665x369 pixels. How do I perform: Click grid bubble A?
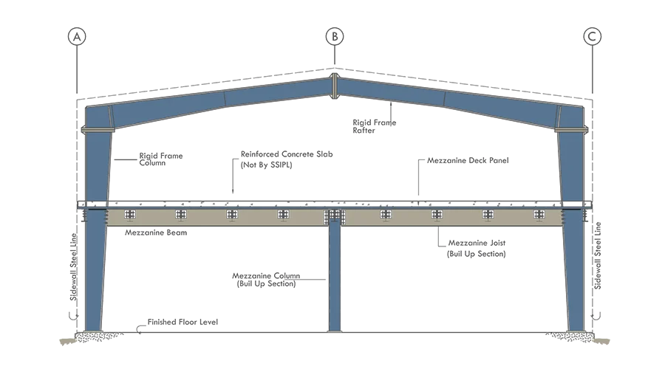(x=77, y=37)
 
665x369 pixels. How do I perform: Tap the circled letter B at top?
(x=335, y=37)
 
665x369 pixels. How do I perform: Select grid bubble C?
(x=592, y=37)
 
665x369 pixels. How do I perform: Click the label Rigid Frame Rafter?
(x=374, y=126)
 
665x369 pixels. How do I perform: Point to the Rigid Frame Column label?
(x=161, y=159)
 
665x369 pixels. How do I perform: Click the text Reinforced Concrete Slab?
(x=287, y=154)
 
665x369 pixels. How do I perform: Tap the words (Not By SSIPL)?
(x=266, y=165)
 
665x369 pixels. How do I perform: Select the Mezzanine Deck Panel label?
(x=468, y=161)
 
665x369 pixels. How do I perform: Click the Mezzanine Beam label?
(x=156, y=232)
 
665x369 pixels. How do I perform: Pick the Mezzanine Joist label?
(x=477, y=244)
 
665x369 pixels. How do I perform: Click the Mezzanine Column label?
(x=266, y=276)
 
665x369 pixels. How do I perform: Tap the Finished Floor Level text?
(x=183, y=322)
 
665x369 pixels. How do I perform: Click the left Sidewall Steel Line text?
(x=74, y=267)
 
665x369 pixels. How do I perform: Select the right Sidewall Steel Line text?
(x=598, y=255)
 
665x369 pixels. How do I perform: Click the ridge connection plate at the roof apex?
(x=335, y=86)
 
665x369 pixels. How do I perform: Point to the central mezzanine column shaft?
(x=335, y=278)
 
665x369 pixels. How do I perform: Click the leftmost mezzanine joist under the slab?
(x=130, y=215)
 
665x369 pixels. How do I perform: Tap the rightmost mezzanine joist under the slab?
(x=539, y=215)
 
